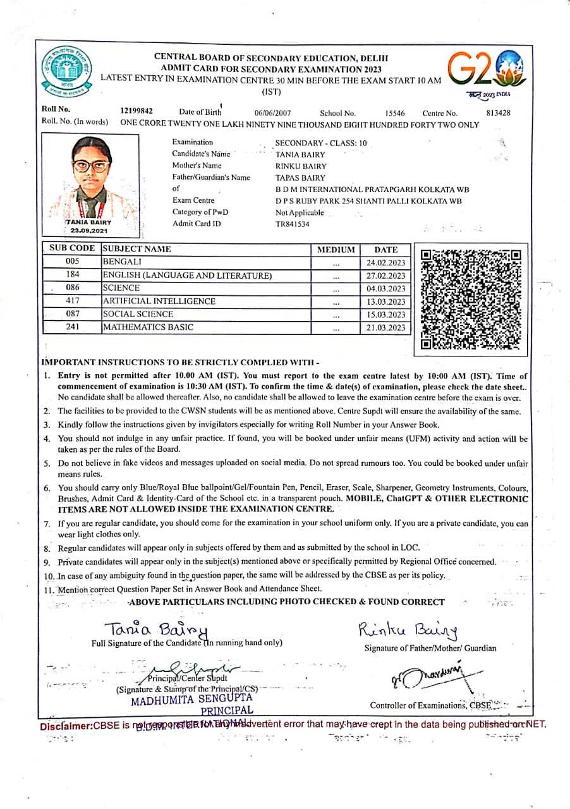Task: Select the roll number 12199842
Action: pos(136,111)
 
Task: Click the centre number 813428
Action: pos(499,113)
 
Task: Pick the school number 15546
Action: pos(395,113)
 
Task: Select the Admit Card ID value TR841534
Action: pos(293,224)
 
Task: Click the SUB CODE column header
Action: pos(72,249)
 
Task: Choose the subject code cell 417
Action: pos(72,301)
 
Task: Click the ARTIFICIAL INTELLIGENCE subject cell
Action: pos(159,301)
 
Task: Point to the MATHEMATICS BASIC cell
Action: pos(149,327)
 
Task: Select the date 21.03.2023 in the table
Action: pos(386,327)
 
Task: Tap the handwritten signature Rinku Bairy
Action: pos(408,630)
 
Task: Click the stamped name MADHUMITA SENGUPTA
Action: pos(191,699)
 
